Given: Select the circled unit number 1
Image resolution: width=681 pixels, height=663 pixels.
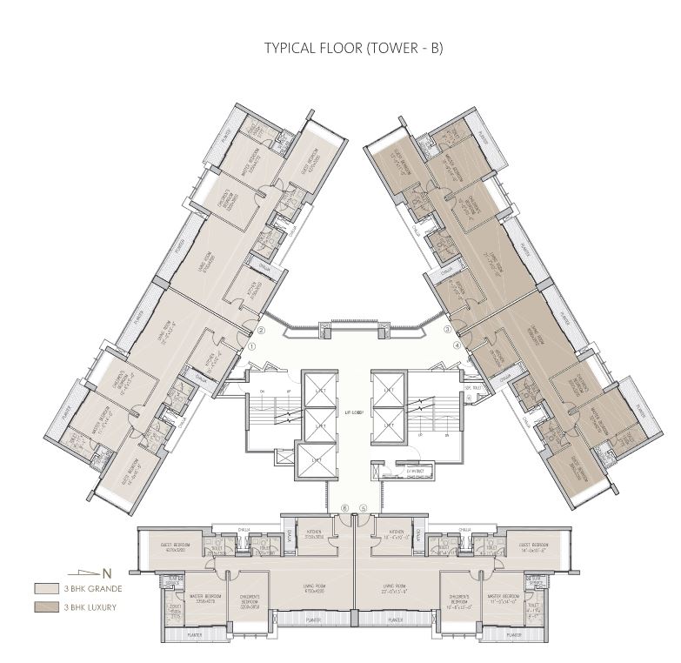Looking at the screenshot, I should click(x=251, y=345).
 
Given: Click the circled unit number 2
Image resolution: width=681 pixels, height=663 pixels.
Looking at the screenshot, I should click(x=261, y=331).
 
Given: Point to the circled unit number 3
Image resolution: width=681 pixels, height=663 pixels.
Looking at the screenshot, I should click(x=447, y=331).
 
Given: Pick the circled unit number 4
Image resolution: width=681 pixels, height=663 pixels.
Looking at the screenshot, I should click(x=457, y=345).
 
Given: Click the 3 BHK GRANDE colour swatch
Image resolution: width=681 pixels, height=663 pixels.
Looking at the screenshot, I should click(x=46, y=589).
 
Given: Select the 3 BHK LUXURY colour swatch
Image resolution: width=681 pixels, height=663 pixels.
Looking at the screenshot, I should click(x=46, y=606).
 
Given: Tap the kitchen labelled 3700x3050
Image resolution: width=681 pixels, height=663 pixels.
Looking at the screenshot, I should click(x=312, y=538).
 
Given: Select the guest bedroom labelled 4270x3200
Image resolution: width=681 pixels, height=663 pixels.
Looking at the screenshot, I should click(x=177, y=549).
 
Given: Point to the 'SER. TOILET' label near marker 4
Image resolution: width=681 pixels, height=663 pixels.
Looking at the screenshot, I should click(x=472, y=387).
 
